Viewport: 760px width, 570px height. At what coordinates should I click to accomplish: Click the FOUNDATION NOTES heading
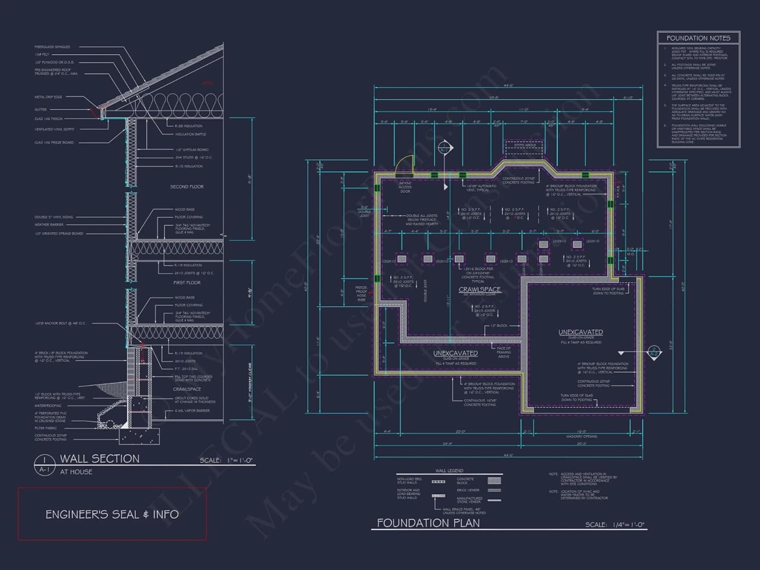coord(698,38)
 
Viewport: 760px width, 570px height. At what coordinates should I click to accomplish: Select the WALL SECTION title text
coord(100,459)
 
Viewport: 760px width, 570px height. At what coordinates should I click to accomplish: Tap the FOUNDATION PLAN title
coord(428,523)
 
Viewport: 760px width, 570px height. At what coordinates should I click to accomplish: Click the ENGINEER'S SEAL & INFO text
coord(112,514)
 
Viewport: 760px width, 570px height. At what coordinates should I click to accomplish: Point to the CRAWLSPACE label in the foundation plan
coord(479,289)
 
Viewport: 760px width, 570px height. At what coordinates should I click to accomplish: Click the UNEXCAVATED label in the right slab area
coord(581,332)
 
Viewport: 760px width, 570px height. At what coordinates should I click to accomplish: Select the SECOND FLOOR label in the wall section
coord(186,187)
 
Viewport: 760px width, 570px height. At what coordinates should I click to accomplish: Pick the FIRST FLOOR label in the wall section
coord(186,283)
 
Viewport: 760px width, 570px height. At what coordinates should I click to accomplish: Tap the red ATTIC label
coord(208,83)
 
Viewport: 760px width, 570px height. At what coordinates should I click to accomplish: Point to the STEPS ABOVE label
coord(525,145)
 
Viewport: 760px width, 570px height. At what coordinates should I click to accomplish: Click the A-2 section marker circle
coord(654,352)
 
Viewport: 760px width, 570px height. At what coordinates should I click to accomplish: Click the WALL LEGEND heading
coord(449,471)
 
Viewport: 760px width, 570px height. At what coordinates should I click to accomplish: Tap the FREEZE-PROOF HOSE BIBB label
coord(361,294)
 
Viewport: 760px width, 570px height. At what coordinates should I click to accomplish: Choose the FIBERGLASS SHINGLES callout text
coord(52,47)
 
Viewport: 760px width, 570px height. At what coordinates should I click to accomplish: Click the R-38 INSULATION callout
coord(188,126)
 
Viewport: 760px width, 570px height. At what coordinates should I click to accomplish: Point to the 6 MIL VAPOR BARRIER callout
coord(192,411)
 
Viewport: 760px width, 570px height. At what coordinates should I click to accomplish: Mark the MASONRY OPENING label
coord(581,436)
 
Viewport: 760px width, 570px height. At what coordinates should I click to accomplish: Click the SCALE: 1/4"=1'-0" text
coord(615,525)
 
